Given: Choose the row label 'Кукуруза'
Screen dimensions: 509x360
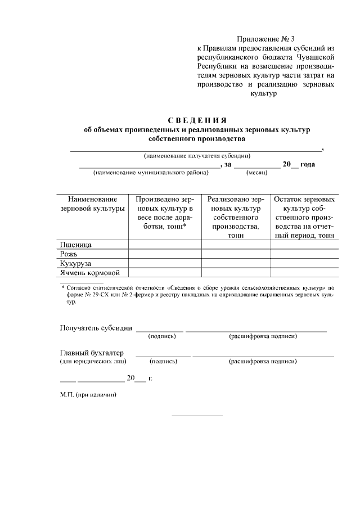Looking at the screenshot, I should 76,264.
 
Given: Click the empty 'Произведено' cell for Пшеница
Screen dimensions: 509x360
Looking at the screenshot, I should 165,245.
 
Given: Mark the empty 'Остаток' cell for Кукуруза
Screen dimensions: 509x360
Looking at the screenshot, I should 304,264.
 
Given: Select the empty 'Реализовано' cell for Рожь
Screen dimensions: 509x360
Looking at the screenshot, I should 236,254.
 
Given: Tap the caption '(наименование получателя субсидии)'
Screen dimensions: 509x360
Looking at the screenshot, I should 197,156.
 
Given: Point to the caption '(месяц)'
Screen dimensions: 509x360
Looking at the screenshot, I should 256,173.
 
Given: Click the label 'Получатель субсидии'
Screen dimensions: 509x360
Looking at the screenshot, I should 96,328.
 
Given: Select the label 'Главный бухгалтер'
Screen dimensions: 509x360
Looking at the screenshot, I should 92,353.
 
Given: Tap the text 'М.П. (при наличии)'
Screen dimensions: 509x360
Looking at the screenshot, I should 88,395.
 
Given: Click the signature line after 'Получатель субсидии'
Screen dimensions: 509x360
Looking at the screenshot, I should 160,331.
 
